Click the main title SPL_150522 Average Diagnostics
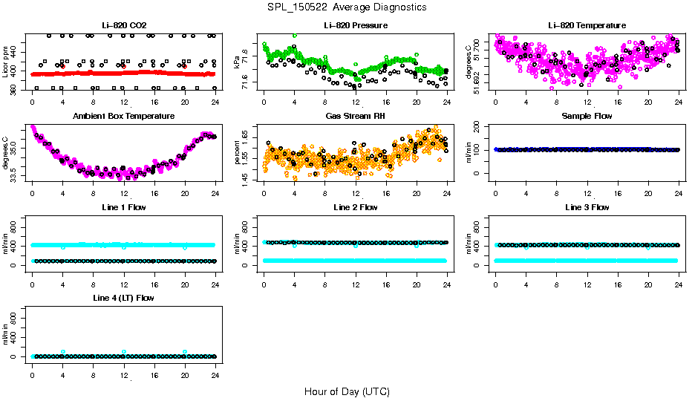tap(347, 7)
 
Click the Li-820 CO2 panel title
tap(123, 26)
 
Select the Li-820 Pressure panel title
tap(356, 26)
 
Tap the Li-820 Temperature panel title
tap(587, 26)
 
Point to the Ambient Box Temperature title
tap(123, 117)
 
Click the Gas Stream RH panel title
tap(356, 117)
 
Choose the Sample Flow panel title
tap(587, 117)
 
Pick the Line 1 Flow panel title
tap(123, 207)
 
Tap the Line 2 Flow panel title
tap(356, 207)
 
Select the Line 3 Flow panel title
tap(587, 207)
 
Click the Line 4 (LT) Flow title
tap(123, 298)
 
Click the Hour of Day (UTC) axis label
tap(347, 391)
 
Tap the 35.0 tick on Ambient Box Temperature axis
tap(17, 149)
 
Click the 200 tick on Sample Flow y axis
tap(480, 128)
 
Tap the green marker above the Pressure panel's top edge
tap(295, 35)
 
